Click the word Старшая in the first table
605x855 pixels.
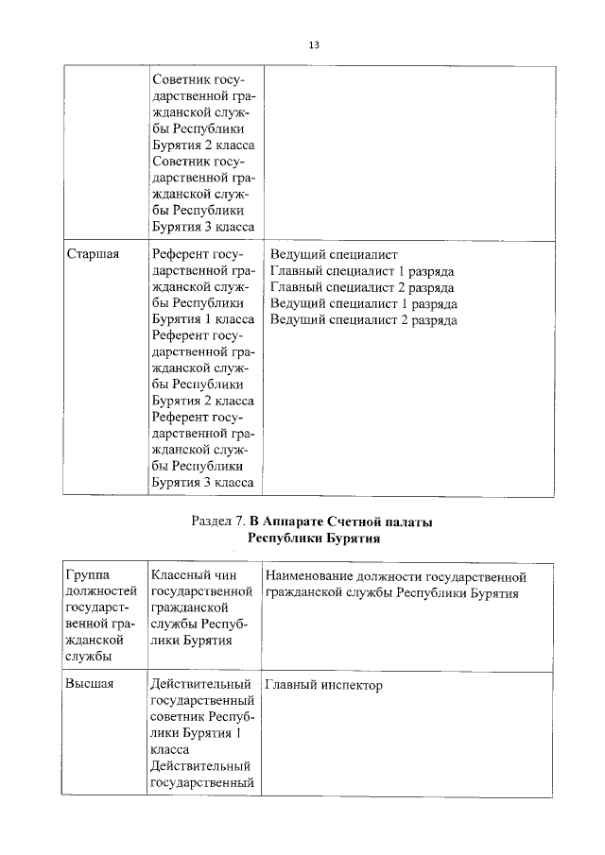coord(92,255)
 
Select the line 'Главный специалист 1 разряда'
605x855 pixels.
coord(362,271)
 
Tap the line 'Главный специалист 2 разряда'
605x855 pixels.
coord(362,287)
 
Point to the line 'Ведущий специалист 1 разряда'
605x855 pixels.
coord(363,303)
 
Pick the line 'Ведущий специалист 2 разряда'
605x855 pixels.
coord(363,319)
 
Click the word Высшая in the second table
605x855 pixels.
coord(90,685)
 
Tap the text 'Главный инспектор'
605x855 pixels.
coord(323,685)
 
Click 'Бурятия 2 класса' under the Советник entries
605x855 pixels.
coord(202,145)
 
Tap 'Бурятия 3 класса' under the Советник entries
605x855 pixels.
coord(202,227)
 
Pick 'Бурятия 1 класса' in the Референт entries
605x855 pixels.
coord(202,319)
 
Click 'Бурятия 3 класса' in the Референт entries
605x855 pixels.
coord(202,483)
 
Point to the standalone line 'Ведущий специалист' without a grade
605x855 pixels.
coord(334,255)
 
